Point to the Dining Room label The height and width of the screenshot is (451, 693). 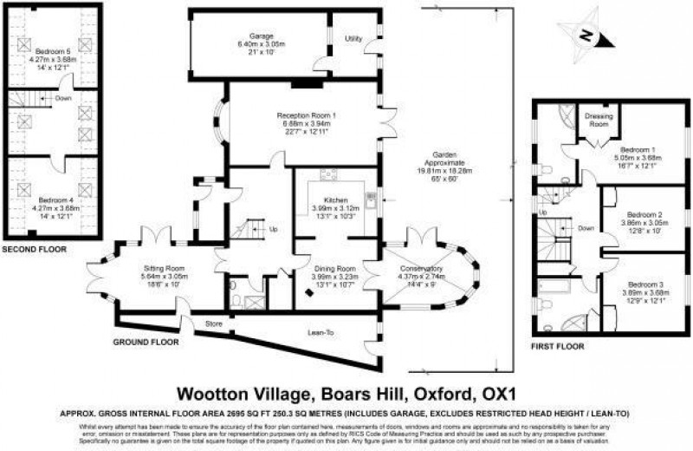pos(334,269)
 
